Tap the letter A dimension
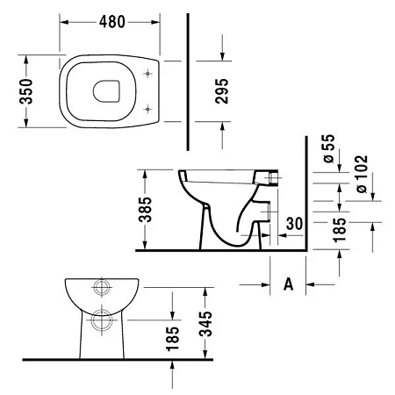pyautogui.click(x=287, y=284)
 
